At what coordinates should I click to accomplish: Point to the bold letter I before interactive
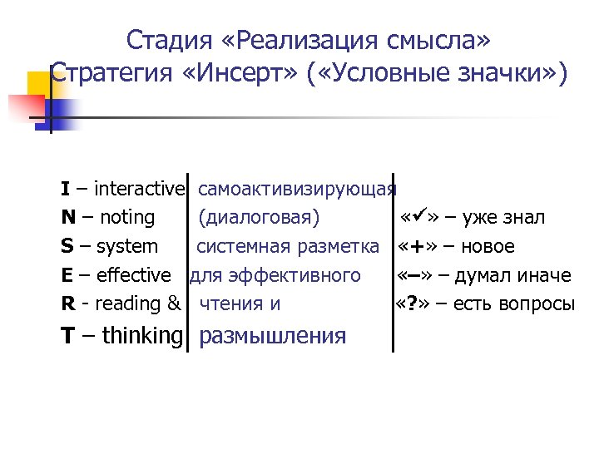[65, 189]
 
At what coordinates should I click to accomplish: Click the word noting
[127, 218]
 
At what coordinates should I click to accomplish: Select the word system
[127, 247]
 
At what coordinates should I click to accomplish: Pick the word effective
[134, 275]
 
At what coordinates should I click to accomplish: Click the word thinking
[141, 335]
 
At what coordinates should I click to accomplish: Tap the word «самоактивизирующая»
[297, 189]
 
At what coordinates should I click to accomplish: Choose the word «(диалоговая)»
[259, 218]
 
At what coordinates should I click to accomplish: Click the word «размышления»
[273, 336]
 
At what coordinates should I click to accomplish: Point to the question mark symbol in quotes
[411, 304]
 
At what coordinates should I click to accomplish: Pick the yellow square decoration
[40, 84]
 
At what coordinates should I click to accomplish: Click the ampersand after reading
[174, 304]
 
